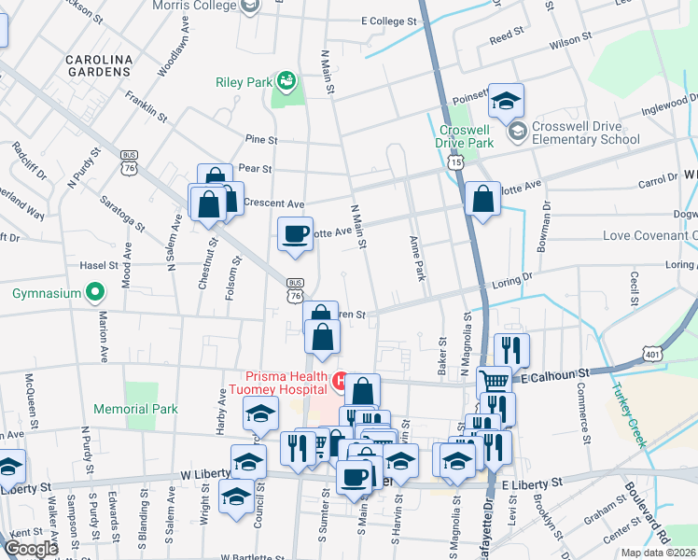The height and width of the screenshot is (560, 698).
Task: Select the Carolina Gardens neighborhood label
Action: coord(98,64)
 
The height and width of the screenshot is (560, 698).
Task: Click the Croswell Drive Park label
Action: coord(464,137)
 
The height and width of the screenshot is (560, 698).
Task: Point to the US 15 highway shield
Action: coord(454,162)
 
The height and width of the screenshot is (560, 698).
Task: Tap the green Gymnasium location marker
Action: coord(93,294)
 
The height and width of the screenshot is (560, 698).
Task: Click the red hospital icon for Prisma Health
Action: coord(341,381)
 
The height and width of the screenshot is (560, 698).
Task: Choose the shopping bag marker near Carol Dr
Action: coord(482,198)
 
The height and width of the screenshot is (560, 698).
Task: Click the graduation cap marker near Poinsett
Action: coord(506,100)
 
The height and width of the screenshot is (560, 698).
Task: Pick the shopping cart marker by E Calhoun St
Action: coord(494,381)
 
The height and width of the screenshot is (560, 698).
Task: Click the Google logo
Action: coord(31,548)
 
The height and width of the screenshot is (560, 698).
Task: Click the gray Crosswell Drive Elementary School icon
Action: coord(517,133)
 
